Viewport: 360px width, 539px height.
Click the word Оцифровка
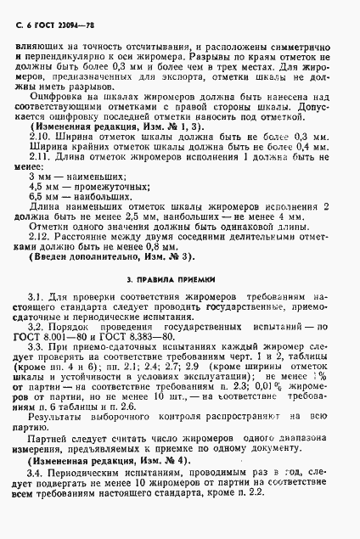(x=58, y=99)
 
